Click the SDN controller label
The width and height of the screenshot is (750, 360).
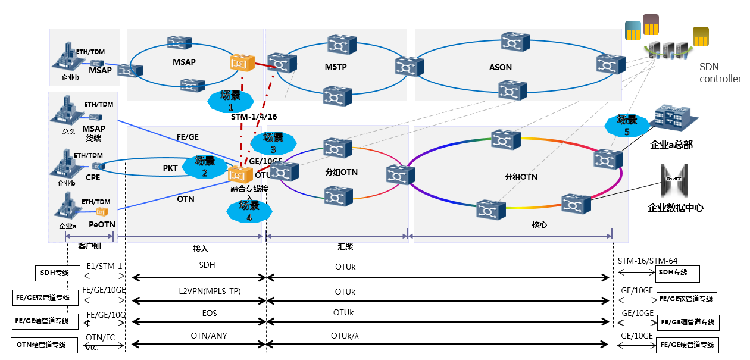(720, 73)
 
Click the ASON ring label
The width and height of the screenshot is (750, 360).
(500, 67)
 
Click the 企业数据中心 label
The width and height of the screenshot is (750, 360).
(675, 208)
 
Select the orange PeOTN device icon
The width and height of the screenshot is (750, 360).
(102, 211)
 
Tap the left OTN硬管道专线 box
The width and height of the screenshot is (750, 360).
(41, 344)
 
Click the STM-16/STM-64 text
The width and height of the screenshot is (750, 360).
(647, 261)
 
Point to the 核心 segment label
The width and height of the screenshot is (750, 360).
(539, 225)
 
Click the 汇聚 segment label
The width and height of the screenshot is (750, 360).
(346, 246)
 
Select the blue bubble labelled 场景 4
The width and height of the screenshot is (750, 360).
(249, 211)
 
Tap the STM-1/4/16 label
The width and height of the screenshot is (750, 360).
(254, 117)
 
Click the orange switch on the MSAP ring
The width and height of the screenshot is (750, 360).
(242, 62)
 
